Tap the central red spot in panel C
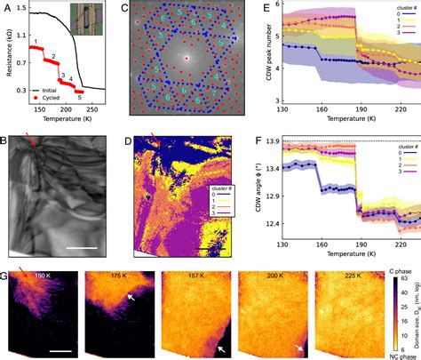pos(187,59)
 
